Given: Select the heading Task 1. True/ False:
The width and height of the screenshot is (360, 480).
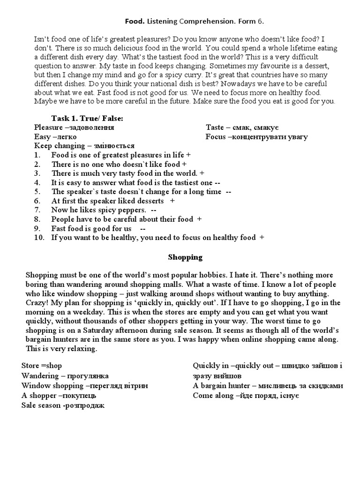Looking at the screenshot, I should coord(87,118).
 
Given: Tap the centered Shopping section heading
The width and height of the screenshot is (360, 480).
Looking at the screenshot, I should coord(185,257).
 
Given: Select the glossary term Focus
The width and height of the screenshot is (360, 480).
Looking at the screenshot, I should coord(216,137).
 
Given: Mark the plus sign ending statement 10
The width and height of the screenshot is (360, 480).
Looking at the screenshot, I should coord(262,238).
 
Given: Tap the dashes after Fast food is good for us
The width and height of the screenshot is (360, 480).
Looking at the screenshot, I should coord(142,228).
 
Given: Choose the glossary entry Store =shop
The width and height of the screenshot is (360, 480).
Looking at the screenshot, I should coord(42,366).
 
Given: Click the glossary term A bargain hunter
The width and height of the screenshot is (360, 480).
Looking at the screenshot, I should coord(221,386).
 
